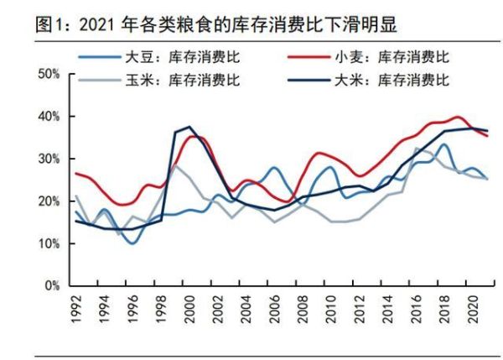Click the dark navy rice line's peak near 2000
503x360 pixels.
[189, 127]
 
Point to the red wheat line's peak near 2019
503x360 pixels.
[458, 117]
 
